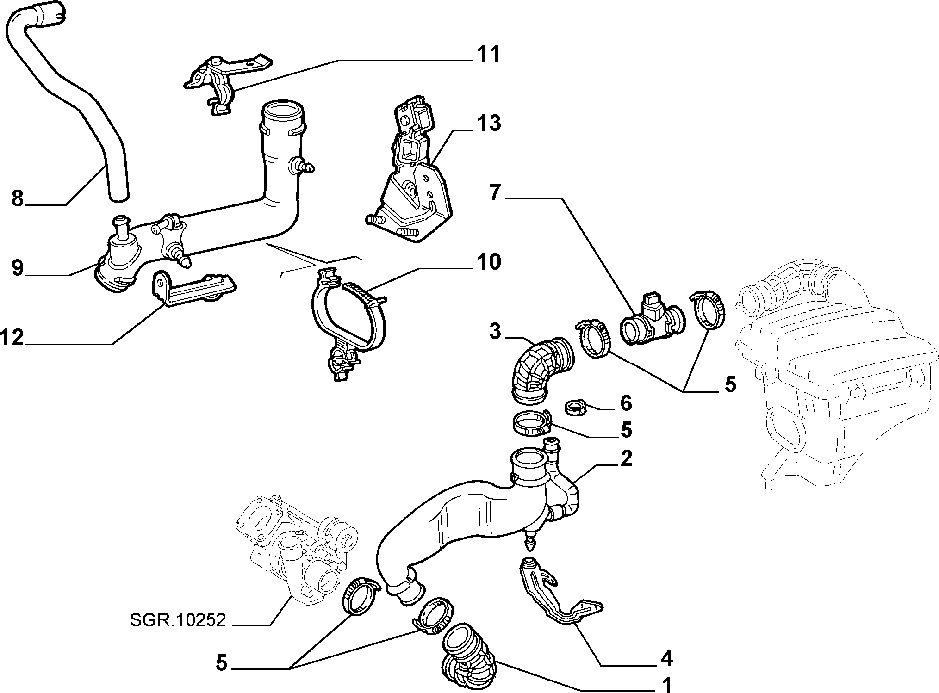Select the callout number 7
tap(495, 193)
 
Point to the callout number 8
tap(17, 199)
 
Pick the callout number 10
tap(488, 262)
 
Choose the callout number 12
tap(12, 338)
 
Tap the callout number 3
tap(495, 332)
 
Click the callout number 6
tap(626, 403)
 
